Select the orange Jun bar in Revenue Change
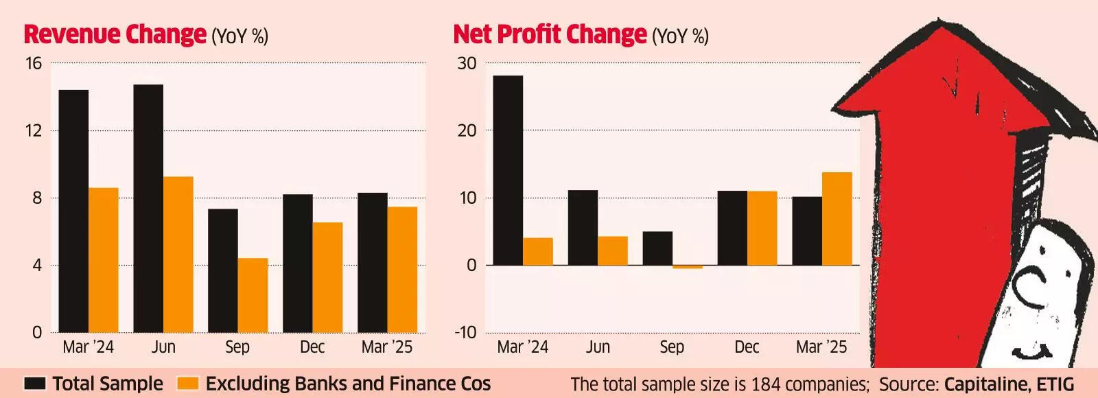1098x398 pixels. click(178, 255)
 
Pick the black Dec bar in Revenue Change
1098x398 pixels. click(298, 264)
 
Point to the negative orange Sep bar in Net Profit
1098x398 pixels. click(688, 267)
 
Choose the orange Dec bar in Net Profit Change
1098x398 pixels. click(762, 228)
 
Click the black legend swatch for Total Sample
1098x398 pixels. click(35, 384)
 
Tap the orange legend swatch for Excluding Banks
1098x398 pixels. click(187, 384)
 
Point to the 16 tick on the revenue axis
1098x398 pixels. click(33, 64)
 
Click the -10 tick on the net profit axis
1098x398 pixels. click(465, 333)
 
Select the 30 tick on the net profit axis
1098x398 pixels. click(467, 64)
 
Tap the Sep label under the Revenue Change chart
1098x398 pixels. click(237, 347)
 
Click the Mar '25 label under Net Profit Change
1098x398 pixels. click(821, 347)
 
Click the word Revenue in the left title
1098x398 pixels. click(68, 34)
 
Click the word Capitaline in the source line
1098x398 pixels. click(984, 384)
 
